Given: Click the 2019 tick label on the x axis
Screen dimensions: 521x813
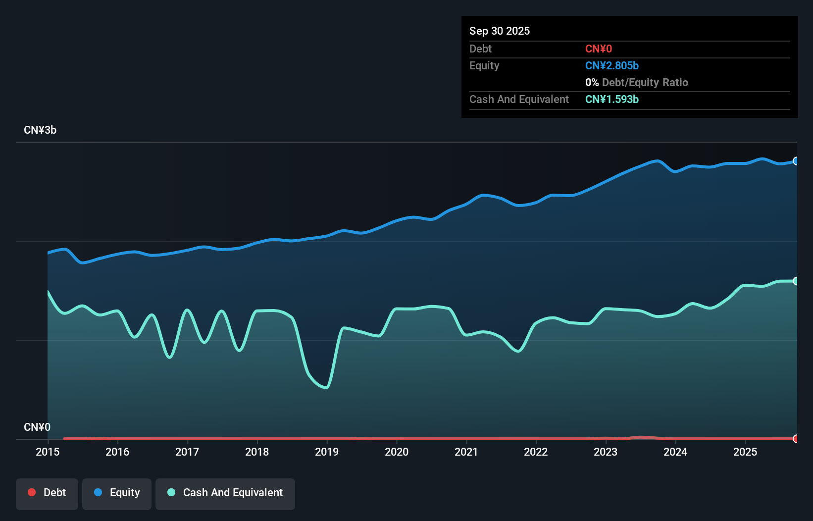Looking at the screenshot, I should click(x=327, y=452).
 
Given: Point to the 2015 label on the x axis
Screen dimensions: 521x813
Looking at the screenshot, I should click(x=48, y=452).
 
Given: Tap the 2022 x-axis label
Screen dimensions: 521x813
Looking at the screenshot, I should click(x=536, y=452).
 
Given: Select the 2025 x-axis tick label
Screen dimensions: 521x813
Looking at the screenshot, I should click(x=745, y=452).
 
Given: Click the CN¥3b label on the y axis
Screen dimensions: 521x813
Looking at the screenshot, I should click(x=40, y=130).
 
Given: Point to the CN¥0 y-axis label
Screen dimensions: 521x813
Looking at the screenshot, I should click(x=37, y=427).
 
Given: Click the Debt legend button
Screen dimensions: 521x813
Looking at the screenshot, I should click(x=47, y=493).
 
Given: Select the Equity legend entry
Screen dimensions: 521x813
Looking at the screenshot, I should click(x=117, y=493).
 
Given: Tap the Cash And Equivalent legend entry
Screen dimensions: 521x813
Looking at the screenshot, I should click(x=225, y=493).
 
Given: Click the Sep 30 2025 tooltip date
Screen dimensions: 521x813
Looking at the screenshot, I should click(x=500, y=31).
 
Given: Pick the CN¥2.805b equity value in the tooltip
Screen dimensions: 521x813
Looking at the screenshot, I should click(x=612, y=66).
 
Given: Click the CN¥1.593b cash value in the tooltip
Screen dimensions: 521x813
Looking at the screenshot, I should click(x=612, y=100).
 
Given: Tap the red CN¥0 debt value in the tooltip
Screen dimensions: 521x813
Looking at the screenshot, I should click(x=599, y=49).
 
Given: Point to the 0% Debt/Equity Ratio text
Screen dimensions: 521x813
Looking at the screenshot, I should click(x=637, y=83).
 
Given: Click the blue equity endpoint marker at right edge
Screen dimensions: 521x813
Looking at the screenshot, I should click(x=796, y=161).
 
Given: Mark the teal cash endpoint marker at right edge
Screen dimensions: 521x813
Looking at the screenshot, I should click(x=796, y=281).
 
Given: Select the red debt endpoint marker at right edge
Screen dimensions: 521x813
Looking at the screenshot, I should click(x=796, y=439).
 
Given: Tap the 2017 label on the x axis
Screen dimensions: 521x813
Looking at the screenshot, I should click(x=187, y=452).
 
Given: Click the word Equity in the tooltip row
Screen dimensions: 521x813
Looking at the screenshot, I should click(x=484, y=66).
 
